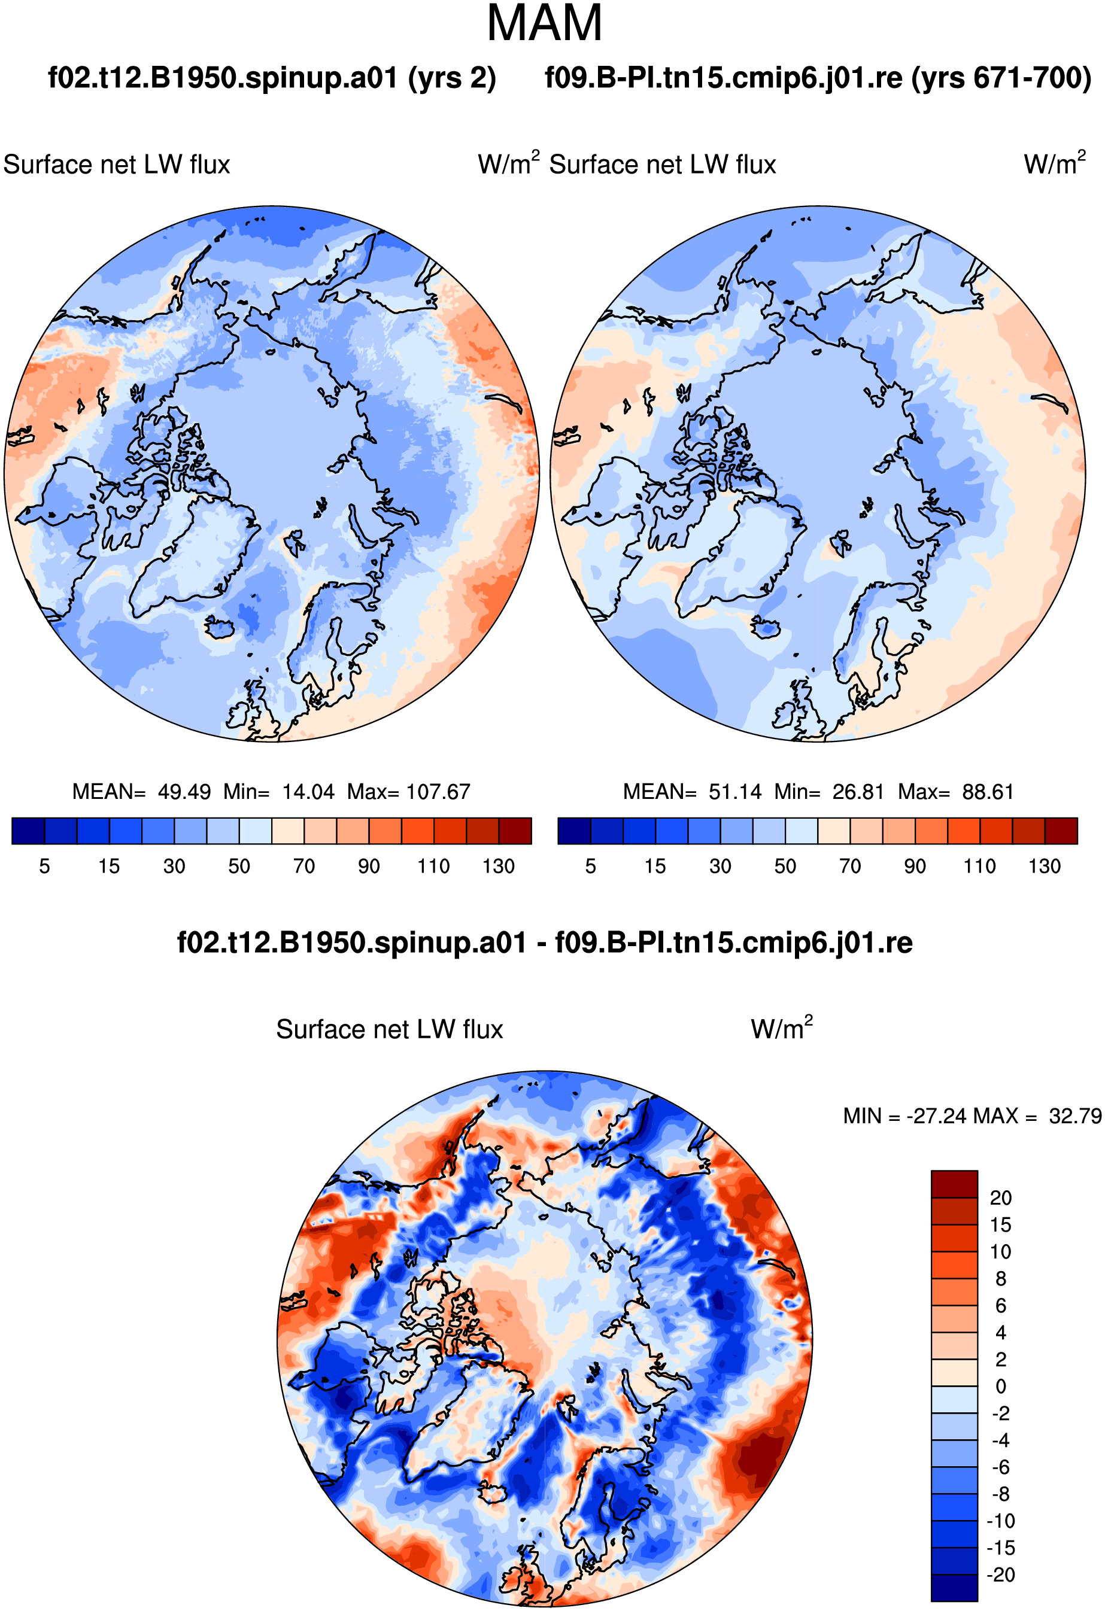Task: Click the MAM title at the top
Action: [x=544, y=23]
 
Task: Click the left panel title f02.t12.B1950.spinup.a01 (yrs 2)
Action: [x=272, y=78]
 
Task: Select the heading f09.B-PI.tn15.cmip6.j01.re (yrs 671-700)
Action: [x=818, y=78]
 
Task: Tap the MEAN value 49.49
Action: [x=184, y=792]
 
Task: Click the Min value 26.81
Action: [x=858, y=792]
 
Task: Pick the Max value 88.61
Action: [x=988, y=792]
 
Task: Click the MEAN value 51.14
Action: [x=735, y=792]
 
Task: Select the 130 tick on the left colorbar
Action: [x=499, y=867]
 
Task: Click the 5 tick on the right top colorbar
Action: [x=591, y=867]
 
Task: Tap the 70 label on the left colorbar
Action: [x=303, y=867]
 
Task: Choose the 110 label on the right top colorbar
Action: [x=979, y=867]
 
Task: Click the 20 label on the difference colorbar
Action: [x=1000, y=1198]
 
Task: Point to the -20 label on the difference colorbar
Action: [x=1001, y=1575]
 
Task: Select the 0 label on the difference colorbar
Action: [x=1000, y=1387]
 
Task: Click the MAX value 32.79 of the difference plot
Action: [x=1075, y=1116]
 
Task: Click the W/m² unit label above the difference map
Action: [x=781, y=1028]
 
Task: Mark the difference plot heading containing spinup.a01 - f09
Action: [x=545, y=943]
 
